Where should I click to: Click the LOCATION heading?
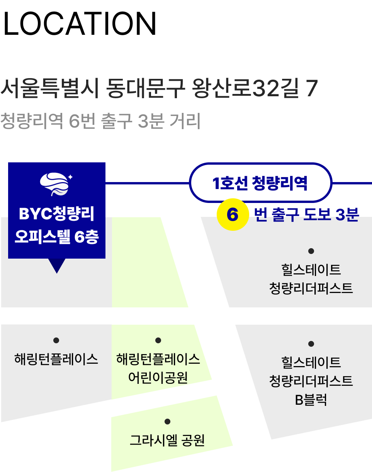tap(80, 24)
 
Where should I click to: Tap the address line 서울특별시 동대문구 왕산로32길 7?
tap(159, 88)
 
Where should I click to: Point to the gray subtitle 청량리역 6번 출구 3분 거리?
tap(100, 121)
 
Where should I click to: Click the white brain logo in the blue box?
tap(56, 184)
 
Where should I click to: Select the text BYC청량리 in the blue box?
tap(56, 213)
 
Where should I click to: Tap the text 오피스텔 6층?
tap(56, 237)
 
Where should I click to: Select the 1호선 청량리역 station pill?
tap(260, 183)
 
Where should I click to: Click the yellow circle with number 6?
tap(233, 215)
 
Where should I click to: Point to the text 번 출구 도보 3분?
tap(306, 215)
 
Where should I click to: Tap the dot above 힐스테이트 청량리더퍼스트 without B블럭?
tap(311, 251)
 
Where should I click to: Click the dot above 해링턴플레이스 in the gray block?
tap(56, 340)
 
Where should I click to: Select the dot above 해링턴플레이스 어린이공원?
tap(158, 340)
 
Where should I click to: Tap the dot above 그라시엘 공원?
tap(168, 421)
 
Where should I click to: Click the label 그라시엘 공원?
tap(167, 440)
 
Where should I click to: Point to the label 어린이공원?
tap(158, 377)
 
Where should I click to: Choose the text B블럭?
tap(311, 400)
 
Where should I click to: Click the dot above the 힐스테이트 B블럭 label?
tap(311, 344)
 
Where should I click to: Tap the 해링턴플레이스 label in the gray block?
tap(56, 359)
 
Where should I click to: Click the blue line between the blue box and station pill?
tap(147, 183)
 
